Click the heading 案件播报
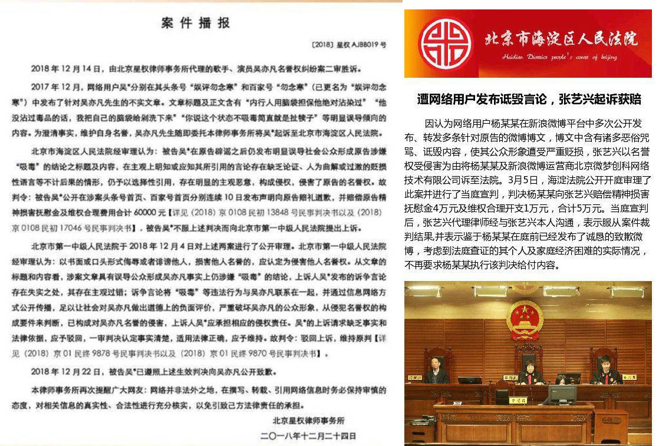tap(196, 24)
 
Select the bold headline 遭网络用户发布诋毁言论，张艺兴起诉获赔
tap(529, 99)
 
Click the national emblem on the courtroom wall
tap(520, 319)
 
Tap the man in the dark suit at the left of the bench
tap(437, 369)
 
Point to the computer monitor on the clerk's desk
tap(562, 394)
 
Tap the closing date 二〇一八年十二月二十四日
tap(309, 437)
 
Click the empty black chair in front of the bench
tap(502, 396)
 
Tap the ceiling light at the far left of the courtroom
tap(420, 291)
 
